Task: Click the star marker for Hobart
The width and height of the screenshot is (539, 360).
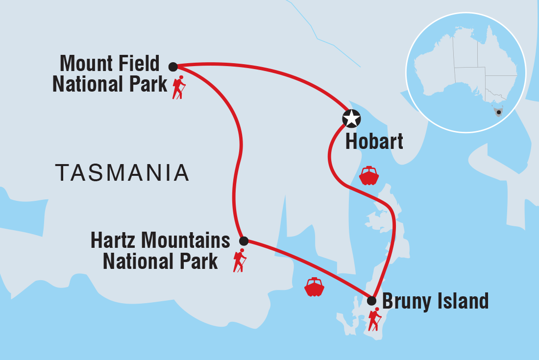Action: click(351, 118)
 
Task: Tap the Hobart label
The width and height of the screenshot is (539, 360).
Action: click(374, 142)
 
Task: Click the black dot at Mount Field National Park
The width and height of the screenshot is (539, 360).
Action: click(173, 67)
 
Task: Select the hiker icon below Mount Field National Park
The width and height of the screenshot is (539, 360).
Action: click(179, 88)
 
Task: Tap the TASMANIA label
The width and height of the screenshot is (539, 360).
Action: click(122, 173)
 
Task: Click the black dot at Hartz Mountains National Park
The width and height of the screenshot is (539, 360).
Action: click(244, 240)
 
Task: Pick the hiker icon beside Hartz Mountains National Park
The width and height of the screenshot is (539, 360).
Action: click(239, 261)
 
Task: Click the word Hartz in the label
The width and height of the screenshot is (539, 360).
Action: click(114, 240)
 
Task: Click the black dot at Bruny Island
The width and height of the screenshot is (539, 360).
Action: click(372, 301)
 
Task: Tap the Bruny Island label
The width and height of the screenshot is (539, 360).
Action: click(435, 301)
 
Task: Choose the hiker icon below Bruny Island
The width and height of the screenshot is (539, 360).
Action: click(375, 320)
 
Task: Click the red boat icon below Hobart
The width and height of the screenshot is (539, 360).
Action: click(369, 175)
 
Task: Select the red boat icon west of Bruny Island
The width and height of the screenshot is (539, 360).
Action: click(314, 287)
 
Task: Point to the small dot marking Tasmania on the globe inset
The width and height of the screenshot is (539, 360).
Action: click(498, 112)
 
